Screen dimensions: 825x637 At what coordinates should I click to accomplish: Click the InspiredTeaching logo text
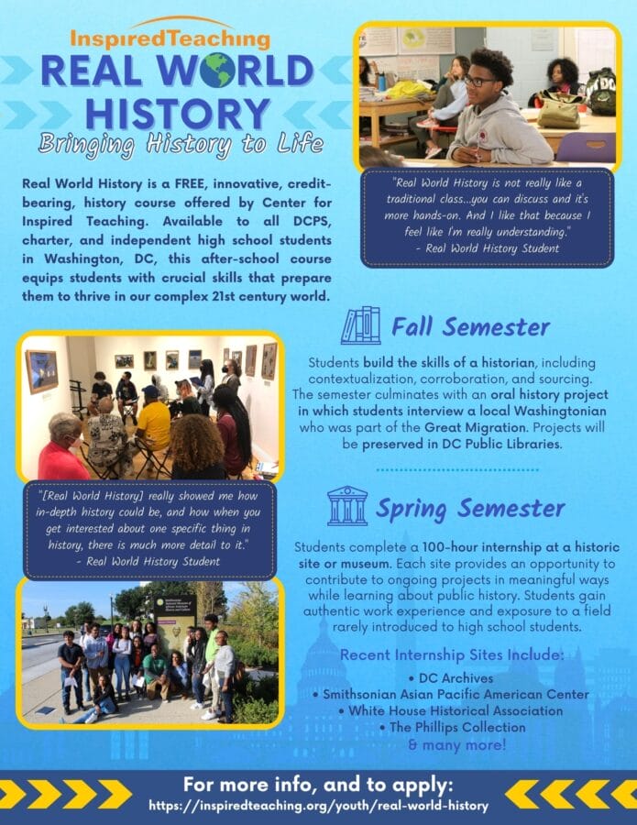coord(170,39)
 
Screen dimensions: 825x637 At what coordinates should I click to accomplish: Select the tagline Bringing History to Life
coord(181,144)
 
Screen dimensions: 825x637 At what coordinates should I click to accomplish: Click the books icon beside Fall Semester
coord(360,325)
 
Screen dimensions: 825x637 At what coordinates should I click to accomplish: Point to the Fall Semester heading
coord(470,326)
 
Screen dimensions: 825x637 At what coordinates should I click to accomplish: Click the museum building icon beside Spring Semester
coord(347,506)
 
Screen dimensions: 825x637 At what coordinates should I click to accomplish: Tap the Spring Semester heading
coord(471,507)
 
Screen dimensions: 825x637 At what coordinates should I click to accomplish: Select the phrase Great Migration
coord(464,427)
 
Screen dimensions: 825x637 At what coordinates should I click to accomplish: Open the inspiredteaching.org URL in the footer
coord(318,806)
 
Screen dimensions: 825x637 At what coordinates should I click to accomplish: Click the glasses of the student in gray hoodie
coord(479,81)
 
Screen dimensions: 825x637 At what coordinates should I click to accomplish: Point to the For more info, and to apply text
coord(318,785)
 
